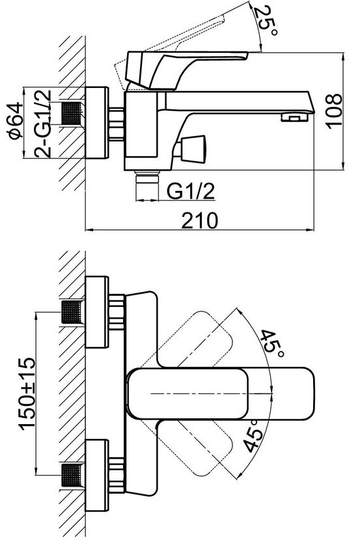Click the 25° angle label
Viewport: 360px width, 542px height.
[x=266, y=21]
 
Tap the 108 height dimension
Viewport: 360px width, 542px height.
[x=335, y=111]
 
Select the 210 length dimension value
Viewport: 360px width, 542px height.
[x=200, y=221]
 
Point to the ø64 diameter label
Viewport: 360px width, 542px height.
[x=16, y=121]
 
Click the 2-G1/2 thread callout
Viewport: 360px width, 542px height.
[x=43, y=123]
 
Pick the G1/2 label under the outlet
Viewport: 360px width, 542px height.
[x=191, y=191]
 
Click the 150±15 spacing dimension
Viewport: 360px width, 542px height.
[x=27, y=393]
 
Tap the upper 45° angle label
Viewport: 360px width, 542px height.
[x=272, y=345]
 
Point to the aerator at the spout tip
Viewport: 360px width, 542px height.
[x=294, y=117]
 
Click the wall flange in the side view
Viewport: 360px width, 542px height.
[x=97, y=122]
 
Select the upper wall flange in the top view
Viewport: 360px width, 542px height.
[x=97, y=312]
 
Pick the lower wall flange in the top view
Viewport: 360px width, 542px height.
[x=97, y=476]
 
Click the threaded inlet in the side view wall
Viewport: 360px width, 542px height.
[x=73, y=113]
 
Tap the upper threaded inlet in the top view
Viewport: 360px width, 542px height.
[x=73, y=312]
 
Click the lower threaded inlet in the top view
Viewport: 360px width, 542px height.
[x=73, y=476]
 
